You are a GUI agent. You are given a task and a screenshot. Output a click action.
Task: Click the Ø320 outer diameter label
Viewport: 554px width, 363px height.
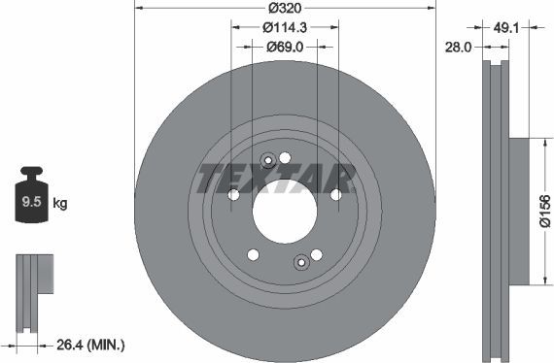[x=285, y=10]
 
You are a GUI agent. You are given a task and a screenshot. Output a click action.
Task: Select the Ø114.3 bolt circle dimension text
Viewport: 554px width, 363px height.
[x=285, y=28]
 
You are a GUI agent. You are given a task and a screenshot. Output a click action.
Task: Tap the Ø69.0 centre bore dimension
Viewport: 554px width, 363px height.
[x=285, y=46]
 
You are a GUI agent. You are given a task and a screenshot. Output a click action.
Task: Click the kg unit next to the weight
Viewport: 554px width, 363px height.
[x=60, y=204]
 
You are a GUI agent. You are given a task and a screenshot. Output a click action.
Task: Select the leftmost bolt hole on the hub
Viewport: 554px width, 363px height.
[x=233, y=195]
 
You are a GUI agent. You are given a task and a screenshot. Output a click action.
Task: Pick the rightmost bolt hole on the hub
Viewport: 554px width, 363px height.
[x=335, y=194]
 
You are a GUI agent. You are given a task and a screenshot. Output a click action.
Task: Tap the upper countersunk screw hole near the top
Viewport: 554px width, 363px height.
[x=268, y=161]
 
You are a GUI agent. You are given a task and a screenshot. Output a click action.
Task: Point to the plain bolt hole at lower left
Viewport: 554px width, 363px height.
[x=253, y=254]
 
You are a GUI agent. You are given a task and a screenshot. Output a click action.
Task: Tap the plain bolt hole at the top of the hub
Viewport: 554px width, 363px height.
[x=285, y=157]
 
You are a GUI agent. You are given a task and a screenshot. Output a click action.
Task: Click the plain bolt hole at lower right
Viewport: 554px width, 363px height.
[x=316, y=254]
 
